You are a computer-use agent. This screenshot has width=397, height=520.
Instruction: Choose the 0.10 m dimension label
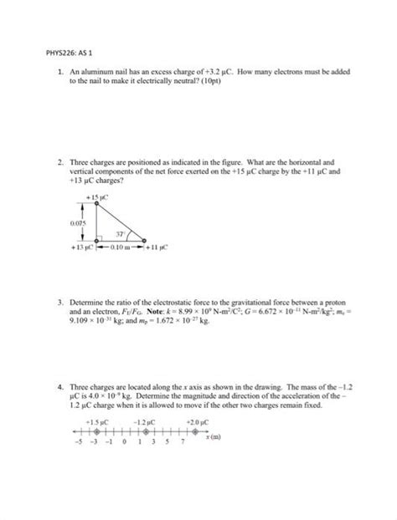[120, 248]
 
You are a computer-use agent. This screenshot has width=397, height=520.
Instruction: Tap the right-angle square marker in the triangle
[99, 239]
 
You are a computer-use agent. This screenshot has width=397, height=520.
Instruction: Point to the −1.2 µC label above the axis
[144, 423]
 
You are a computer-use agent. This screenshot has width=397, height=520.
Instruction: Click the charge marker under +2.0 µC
[194, 432]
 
